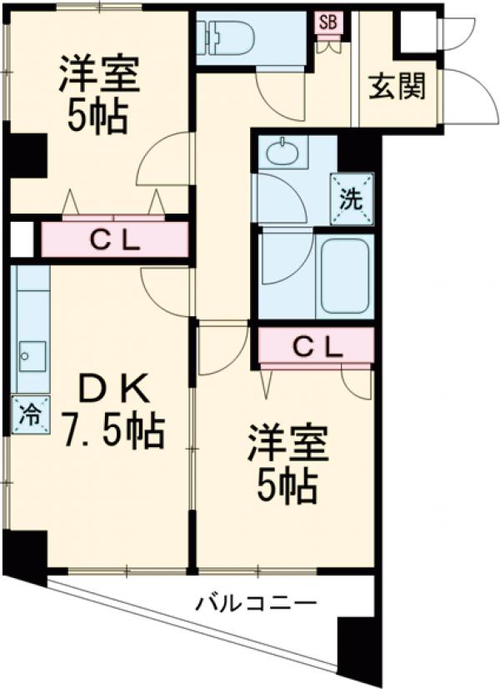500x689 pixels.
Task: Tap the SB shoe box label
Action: pyautogui.click(x=327, y=23)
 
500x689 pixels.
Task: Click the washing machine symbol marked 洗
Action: pyautogui.click(x=351, y=200)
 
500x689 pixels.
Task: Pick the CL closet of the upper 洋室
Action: pyautogui.click(x=114, y=241)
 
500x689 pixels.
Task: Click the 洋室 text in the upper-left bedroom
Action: pyautogui.click(x=97, y=76)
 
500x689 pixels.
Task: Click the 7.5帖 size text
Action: pyautogui.click(x=116, y=430)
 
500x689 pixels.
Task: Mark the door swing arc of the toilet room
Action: pyautogui.click(x=273, y=96)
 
